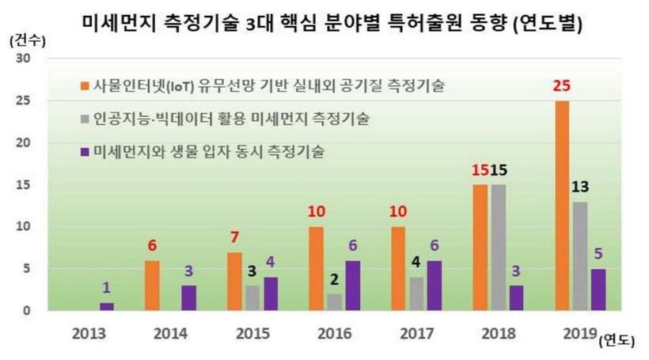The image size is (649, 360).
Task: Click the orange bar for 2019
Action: click(563, 206)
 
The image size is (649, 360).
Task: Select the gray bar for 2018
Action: click(499, 247)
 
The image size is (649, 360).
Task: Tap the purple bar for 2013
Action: click(107, 306)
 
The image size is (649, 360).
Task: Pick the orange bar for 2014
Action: click(152, 285)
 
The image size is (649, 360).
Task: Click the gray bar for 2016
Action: click(335, 301)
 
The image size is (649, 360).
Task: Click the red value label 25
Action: click(563, 85)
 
